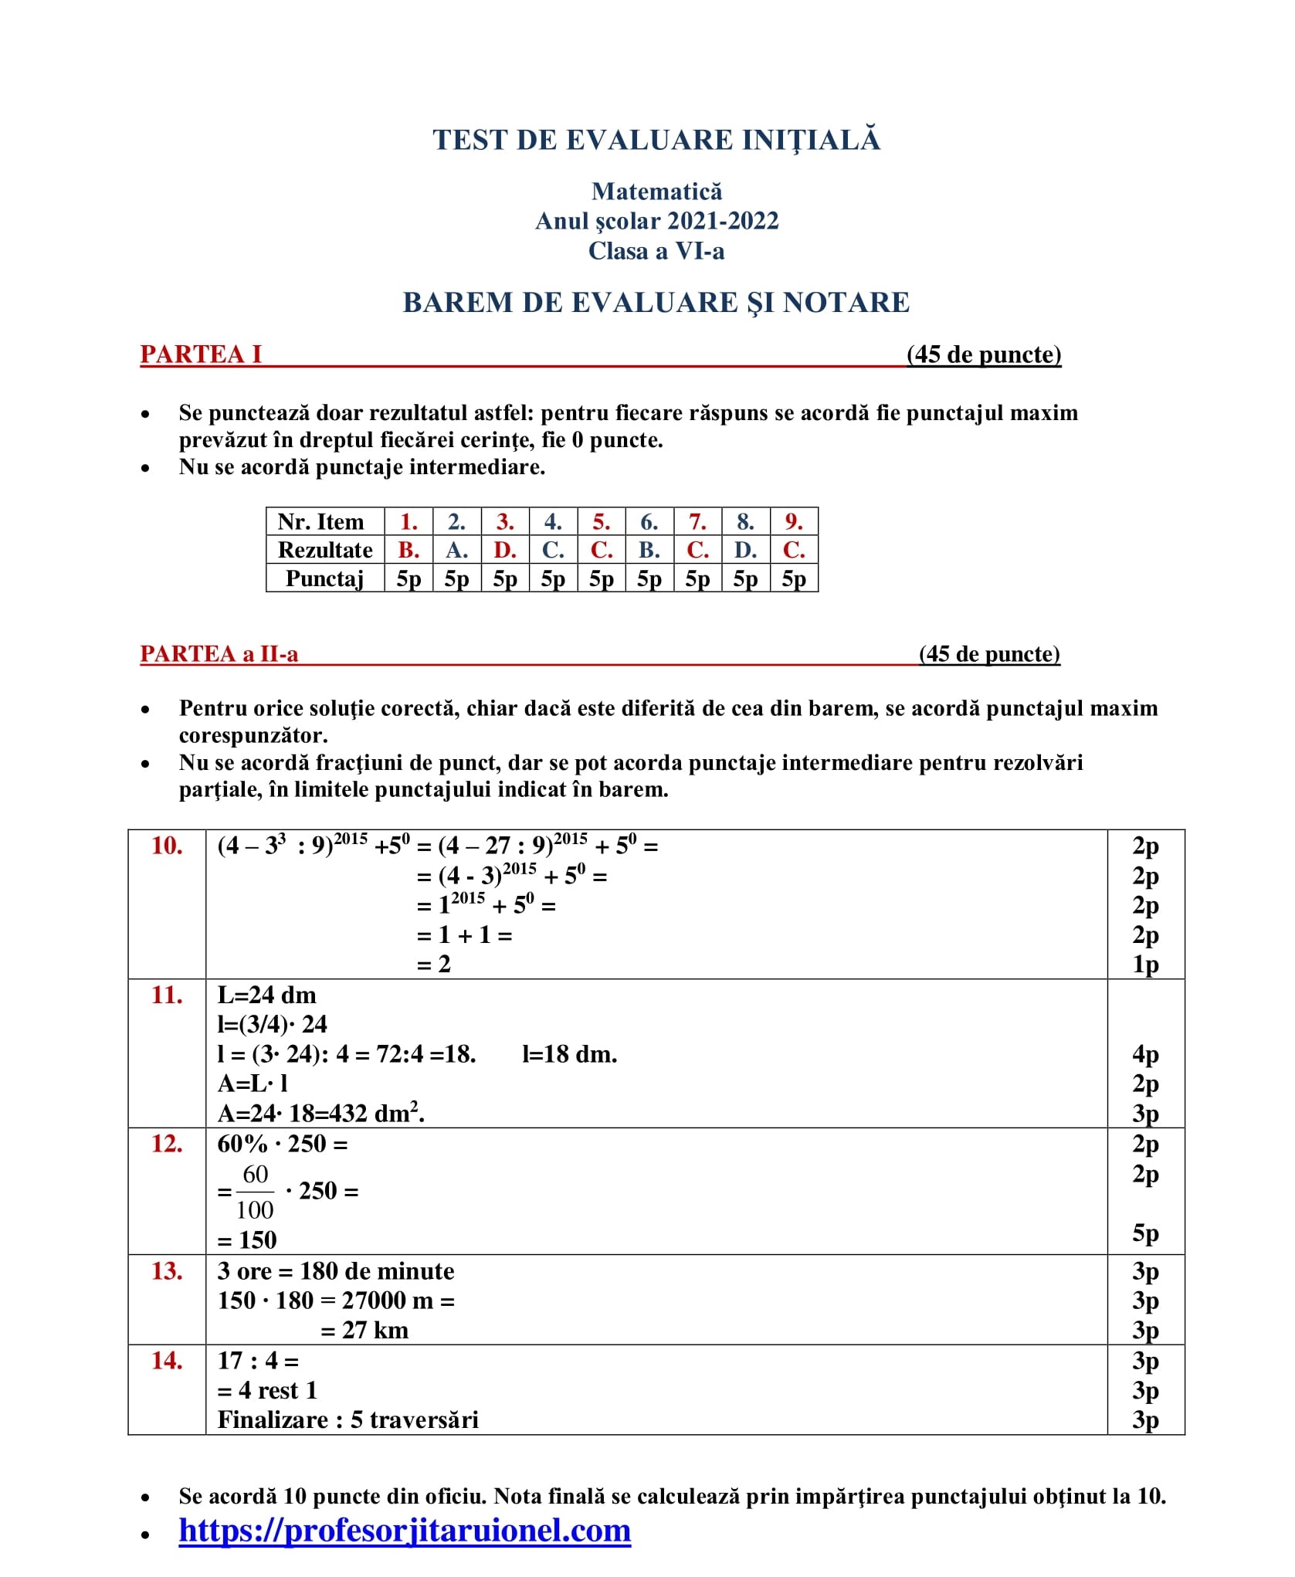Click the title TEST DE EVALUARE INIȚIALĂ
tap(656, 141)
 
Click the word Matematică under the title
tap(656, 192)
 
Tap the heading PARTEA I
tap(201, 354)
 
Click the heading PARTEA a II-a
tap(219, 654)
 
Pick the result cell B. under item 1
tap(409, 550)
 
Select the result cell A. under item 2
tap(456, 550)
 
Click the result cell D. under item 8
tap(745, 550)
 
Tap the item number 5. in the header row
tap(601, 522)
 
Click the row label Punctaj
tap(324, 578)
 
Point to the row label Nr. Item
tap(320, 522)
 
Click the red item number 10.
tap(167, 846)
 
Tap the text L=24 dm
tap(266, 995)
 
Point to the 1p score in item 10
tap(1145, 965)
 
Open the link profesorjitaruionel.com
tap(405, 1530)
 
